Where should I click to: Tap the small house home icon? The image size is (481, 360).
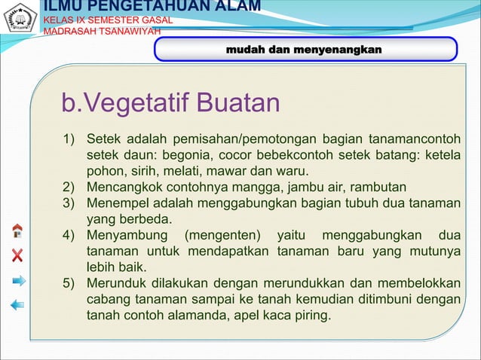tap(17, 230)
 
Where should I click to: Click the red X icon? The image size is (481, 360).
tap(17, 255)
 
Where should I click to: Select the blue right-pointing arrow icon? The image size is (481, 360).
tap(18, 280)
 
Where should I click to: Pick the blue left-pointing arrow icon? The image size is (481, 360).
tap(17, 305)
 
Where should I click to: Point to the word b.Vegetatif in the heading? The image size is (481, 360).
tap(121, 103)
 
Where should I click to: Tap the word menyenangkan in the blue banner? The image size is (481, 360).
tap(337, 49)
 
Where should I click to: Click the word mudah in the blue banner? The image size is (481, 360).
tap(244, 49)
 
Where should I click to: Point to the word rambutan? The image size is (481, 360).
tap(382, 187)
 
